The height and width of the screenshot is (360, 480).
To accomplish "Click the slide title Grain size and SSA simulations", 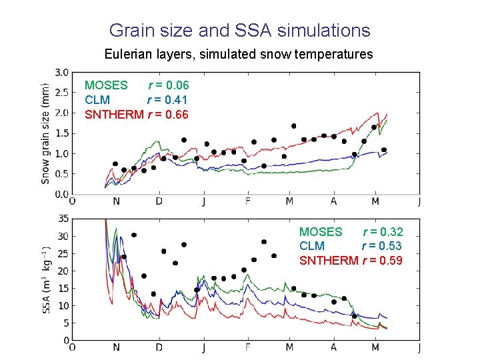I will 239,30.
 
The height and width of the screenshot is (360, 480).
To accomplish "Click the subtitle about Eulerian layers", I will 239,53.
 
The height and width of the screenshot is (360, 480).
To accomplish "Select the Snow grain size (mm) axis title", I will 45,133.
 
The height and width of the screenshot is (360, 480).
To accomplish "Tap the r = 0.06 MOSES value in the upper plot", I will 168,85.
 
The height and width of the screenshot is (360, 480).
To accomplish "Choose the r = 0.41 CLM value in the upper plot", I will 168,100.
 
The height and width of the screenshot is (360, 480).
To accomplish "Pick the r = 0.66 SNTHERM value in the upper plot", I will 168,115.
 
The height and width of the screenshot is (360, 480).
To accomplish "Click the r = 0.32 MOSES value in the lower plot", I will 382,232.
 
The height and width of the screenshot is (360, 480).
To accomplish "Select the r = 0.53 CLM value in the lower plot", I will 382,246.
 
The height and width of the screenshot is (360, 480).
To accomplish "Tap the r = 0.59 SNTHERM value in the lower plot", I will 382,261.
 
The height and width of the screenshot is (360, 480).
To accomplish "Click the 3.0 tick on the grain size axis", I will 61,72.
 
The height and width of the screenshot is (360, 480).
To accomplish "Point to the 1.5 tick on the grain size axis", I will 61,133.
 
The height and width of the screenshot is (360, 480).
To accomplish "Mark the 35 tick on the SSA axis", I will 64,219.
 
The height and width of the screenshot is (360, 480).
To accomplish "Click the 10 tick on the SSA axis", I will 64,305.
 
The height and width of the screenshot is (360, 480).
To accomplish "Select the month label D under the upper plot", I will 159,201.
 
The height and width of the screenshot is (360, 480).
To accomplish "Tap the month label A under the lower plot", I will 333,347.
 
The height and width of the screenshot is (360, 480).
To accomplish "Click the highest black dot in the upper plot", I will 293,126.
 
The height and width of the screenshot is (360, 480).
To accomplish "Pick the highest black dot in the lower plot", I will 134,235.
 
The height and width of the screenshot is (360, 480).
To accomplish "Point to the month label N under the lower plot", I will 117,347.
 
